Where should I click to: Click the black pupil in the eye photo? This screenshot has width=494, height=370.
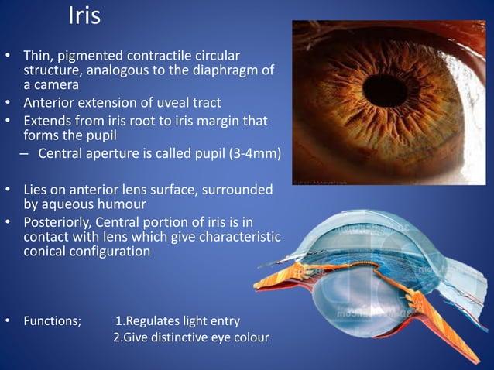385,90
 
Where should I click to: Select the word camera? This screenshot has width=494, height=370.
58,85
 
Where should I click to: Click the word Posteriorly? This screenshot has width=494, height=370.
58,221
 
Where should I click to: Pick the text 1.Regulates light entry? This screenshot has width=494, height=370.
177,321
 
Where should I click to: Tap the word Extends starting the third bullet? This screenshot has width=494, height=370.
47,121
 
